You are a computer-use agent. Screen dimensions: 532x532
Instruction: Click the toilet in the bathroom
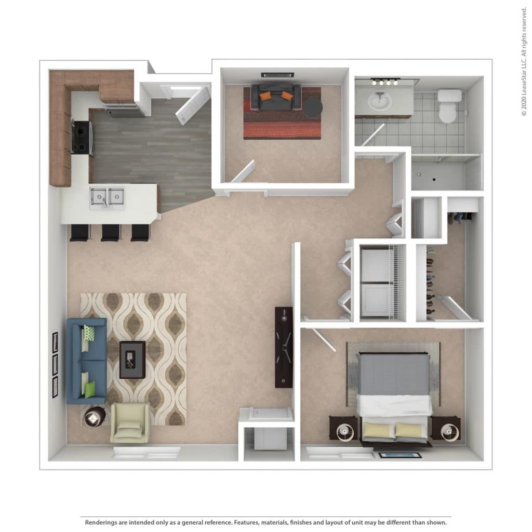click(x=449, y=106)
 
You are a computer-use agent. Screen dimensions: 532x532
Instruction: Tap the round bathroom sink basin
click(x=380, y=101)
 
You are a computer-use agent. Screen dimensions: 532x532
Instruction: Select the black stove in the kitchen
click(x=82, y=137)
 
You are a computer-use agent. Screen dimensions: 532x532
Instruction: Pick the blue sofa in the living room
click(x=87, y=361)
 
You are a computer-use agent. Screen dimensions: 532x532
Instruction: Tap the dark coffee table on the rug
click(x=132, y=360)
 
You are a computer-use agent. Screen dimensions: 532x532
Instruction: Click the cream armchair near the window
click(x=129, y=423)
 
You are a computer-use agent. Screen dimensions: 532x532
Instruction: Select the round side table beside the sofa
click(x=95, y=417)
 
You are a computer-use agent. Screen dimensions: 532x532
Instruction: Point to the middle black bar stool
click(x=111, y=233)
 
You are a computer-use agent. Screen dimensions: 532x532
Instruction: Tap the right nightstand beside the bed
click(x=446, y=428)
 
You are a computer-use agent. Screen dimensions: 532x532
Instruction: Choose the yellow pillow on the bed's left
click(x=378, y=430)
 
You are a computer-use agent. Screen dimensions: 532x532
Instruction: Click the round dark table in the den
click(x=312, y=108)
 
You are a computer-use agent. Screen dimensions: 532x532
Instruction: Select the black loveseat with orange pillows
click(x=275, y=97)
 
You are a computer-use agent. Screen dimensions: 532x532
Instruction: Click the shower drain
click(x=434, y=179)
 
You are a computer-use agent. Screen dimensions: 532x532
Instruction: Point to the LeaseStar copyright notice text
click(x=524, y=62)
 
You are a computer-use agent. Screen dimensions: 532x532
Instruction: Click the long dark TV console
click(x=284, y=347)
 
